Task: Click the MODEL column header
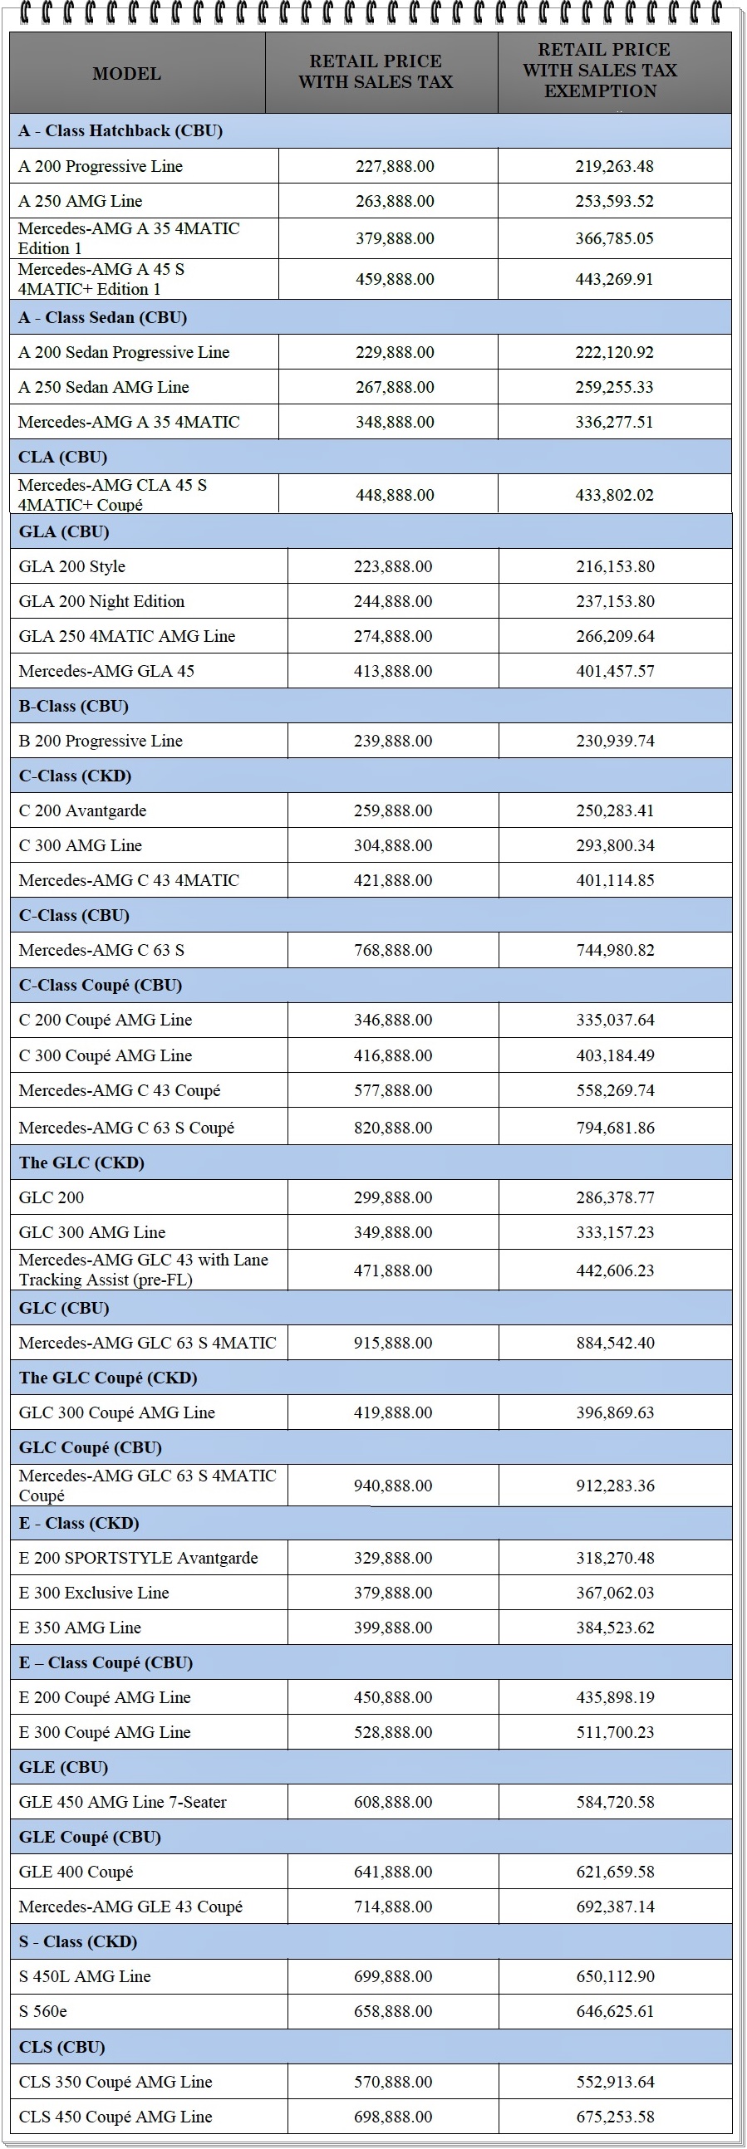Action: (x=127, y=73)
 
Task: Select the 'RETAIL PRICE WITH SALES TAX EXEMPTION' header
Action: (x=600, y=70)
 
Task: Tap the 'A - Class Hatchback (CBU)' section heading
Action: (x=120, y=130)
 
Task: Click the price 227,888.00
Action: (x=395, y=166)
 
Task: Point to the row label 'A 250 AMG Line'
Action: (x=80, y=201)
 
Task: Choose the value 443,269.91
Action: (x=614, y=279)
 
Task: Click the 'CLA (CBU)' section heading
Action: (x=62, y=458)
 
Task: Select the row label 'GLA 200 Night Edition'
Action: (x=102, y=601)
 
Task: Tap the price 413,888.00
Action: (x=393, y=671)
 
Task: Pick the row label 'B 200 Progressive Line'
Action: (x=101, y=741)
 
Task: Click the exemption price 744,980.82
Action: (x=615, y=949)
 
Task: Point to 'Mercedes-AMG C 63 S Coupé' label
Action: (x=127, y=1127)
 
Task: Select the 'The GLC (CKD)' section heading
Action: (x=81, y=1162)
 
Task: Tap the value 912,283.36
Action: (x=615, y=1485)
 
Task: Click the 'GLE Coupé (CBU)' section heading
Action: (x=90, y=1836)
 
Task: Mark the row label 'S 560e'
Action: (x=43, y=2010)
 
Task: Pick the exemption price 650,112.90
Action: (x=615, y=1975)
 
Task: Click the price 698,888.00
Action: (x=393, y=2116)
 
